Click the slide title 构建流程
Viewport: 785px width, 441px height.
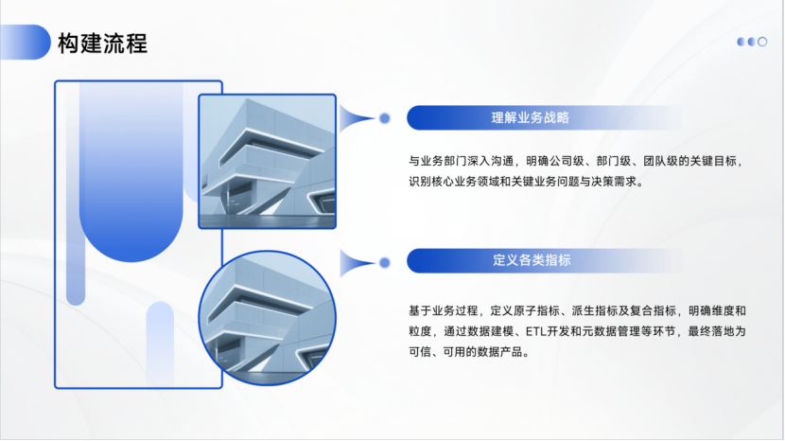pyautogui.click(x=102, y=43)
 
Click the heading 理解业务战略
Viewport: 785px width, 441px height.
pyautogui.click(x=530, y=118)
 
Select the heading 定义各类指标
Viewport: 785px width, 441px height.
pyautogui.click(x=532, y=260)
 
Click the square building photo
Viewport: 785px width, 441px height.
pyautogui.click(x=267, y=161)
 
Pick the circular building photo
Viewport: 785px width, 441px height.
pyautogui.click(x=268, y=317)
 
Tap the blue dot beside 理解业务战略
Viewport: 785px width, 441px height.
pyautogui.click(x=385, y=118)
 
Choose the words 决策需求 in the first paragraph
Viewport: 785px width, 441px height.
pyautogui.click(x=617, y=182)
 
